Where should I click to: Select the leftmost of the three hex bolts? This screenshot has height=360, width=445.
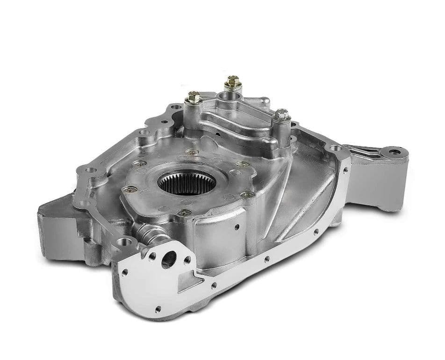(194, 98)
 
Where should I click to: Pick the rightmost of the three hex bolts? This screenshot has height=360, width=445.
(281, 114)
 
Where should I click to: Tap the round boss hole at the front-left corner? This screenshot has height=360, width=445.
(122, 242)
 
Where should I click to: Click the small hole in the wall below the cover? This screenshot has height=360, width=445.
(237, 227)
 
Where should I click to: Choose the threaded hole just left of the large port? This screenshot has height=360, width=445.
(152, 256)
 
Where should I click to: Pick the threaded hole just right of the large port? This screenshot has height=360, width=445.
(187, 260)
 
